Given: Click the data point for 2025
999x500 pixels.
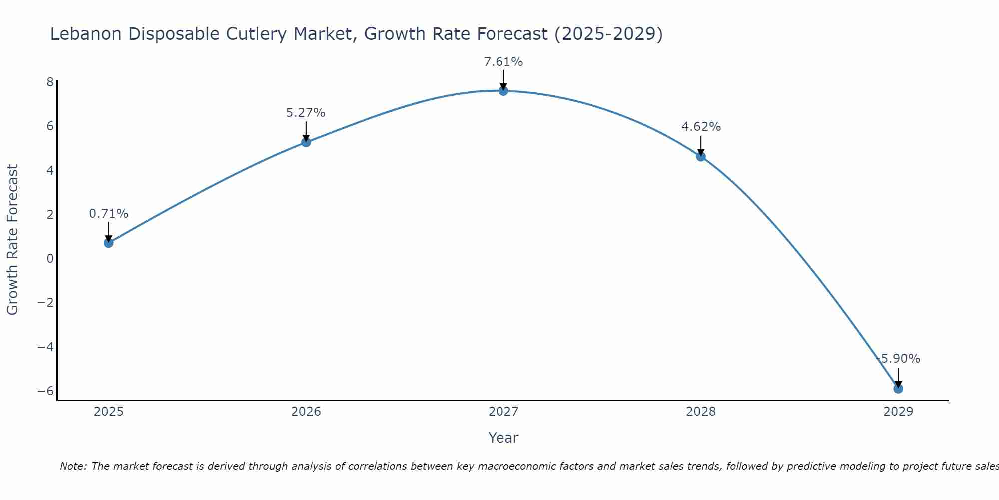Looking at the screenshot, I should [108, 243].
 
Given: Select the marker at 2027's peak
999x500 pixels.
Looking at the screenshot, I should [503, 91].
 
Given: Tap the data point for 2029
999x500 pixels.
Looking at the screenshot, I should [898, 388].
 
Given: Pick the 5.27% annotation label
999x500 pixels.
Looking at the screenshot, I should [306, 113].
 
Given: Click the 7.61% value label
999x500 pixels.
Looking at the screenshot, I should [503, 62].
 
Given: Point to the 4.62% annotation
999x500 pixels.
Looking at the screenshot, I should [701, 127].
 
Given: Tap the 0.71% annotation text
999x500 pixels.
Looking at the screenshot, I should [108, 214].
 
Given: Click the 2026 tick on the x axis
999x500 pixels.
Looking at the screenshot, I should [306, 412].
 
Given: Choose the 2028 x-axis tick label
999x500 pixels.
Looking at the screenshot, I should [701, 412].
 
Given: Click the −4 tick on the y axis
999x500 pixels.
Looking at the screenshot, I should [46, 347].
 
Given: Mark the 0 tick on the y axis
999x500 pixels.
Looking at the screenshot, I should [50, 259].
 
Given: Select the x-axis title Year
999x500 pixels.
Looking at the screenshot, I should [503, 438].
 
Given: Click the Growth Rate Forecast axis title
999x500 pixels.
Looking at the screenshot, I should [12, 239].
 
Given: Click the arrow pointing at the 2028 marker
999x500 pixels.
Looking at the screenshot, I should [701, 145].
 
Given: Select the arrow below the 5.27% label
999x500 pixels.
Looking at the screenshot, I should [306, 131].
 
